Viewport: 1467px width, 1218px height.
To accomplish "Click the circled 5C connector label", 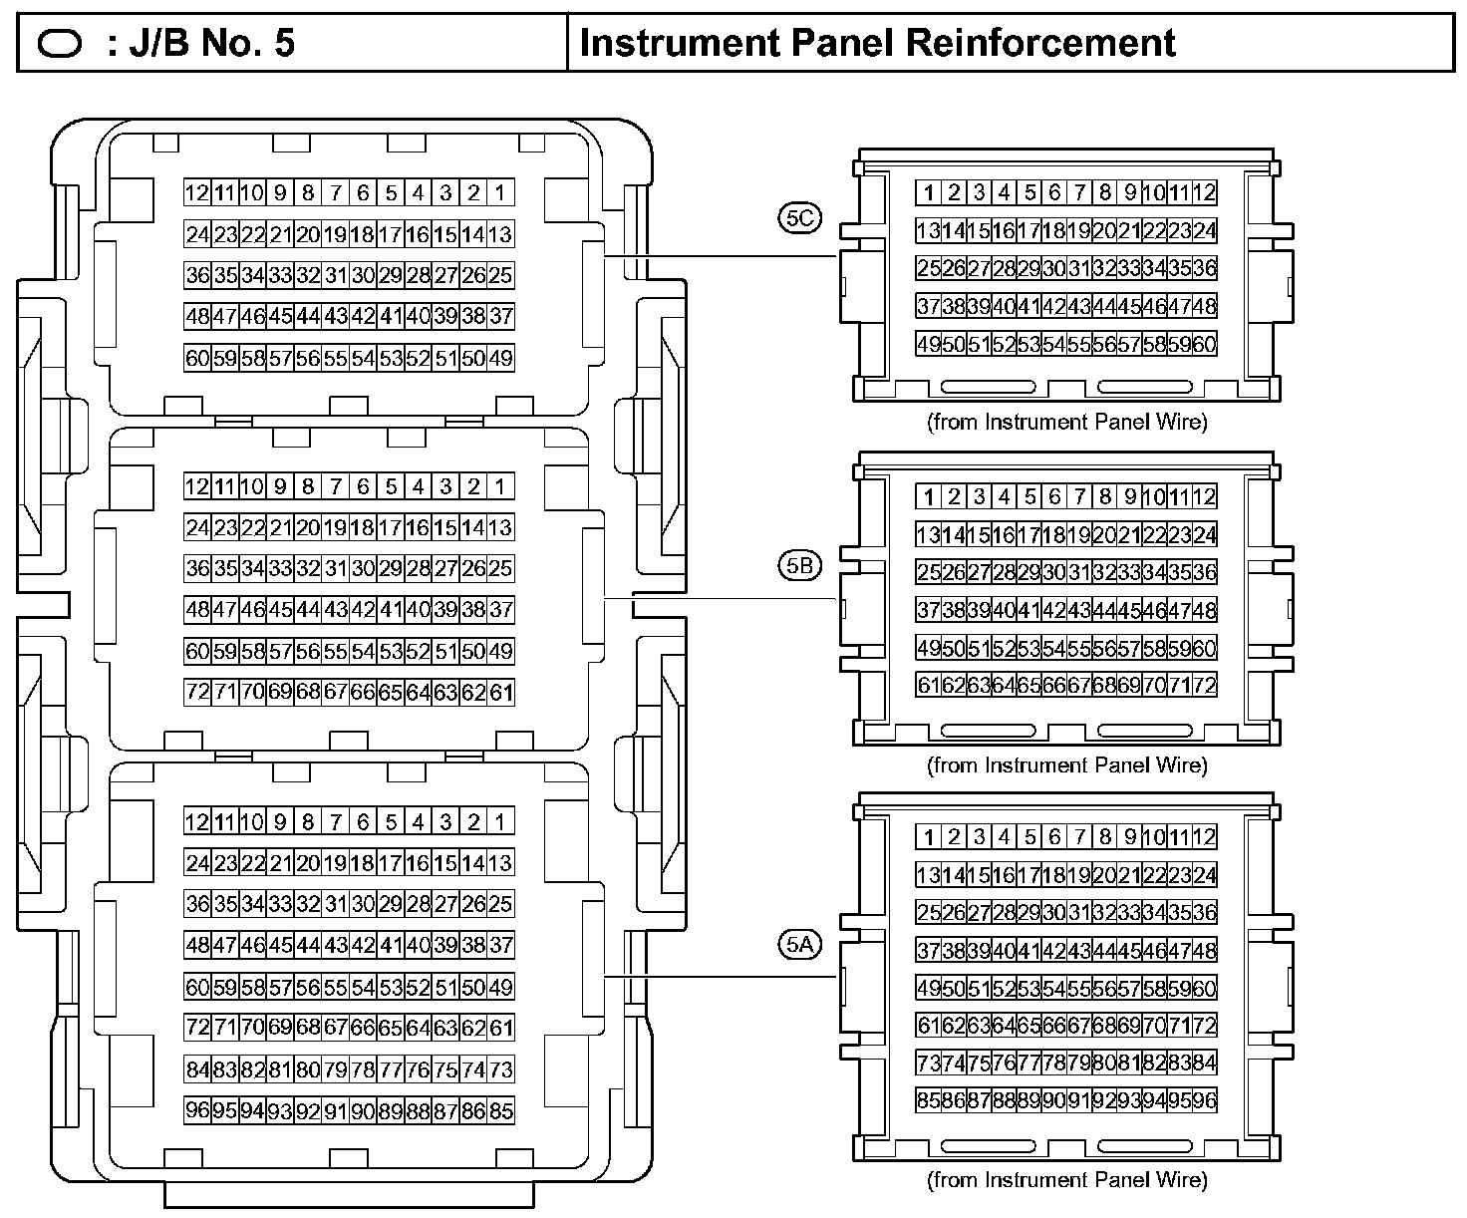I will pos(799,218).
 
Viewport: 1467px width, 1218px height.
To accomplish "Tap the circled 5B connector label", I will pos(799,566).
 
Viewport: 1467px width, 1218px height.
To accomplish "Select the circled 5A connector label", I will pos(799,945).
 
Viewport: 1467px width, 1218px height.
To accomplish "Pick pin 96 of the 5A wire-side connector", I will pos(1204,1100).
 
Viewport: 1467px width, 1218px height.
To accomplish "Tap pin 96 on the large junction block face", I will pos(197,1109).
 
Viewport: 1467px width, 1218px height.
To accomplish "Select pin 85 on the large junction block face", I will pos(500,1109).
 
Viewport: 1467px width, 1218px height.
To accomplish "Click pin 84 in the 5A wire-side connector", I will pos(1204,1063).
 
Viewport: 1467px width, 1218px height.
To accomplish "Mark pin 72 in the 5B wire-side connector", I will pos(1204,685).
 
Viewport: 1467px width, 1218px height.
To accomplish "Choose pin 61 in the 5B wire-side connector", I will pos(929,685).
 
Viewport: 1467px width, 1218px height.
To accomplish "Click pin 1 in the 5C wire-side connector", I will pos(929,192).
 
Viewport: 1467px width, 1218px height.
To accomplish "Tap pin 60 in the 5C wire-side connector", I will pos(1204,344).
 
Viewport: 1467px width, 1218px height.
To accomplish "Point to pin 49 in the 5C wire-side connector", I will pos(929,344).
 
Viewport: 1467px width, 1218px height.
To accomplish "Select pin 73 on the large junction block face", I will pos(500,1069).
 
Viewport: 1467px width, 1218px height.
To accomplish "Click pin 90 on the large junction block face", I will pos(363,1109).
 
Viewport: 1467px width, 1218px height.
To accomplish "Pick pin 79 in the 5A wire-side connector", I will pos(1079,1063).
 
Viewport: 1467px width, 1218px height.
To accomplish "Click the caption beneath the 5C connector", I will pos(1066,422).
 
